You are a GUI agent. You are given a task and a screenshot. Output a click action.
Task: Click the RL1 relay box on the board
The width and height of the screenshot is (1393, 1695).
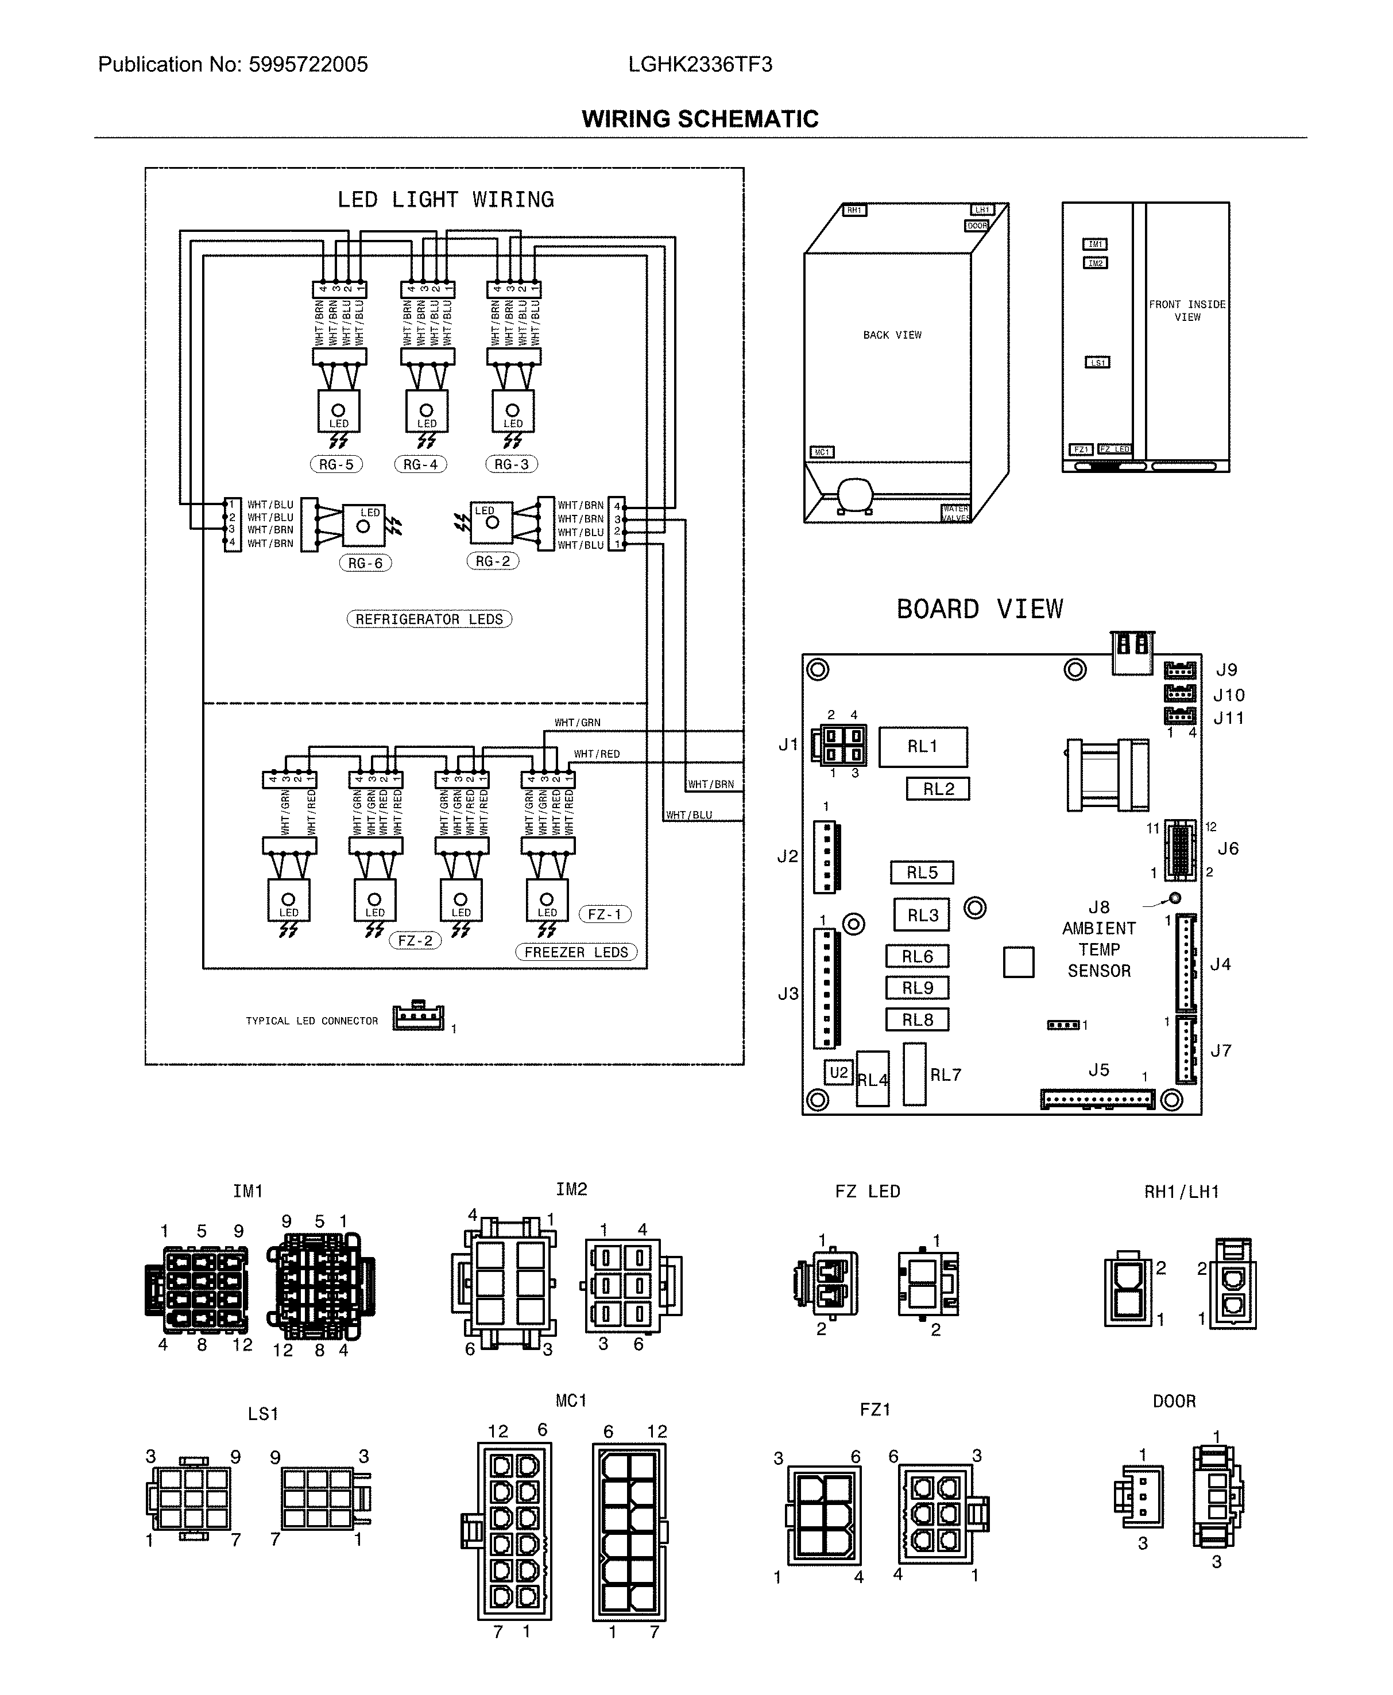tap(923, 747)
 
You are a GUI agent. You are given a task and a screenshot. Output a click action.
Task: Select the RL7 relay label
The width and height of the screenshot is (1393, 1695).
tap(945, 1075)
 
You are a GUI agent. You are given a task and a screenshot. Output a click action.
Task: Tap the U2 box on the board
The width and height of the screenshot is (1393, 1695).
tap(838, 1073)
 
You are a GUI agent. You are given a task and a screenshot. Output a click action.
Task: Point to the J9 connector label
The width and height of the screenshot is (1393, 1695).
tap(1226, 670)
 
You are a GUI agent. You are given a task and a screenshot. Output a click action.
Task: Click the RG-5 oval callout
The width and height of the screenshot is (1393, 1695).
tap(336, 464)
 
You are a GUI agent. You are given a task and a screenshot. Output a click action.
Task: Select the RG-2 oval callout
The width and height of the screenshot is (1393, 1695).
tap(493, 561)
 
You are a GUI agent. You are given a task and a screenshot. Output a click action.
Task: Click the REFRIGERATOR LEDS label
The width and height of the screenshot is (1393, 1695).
tap(429, 619)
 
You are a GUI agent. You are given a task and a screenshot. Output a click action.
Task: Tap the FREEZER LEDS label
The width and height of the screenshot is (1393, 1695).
tap(576, 952)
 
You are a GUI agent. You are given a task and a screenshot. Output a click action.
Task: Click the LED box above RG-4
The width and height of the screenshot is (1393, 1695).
tap(426, 412)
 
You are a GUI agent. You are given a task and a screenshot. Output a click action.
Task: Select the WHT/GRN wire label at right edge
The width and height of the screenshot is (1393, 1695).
tap(577, 723)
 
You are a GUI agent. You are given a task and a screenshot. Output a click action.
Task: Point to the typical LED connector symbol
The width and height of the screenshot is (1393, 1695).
tap(418, 1017)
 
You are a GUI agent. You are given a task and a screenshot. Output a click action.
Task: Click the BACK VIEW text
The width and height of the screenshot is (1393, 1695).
tap(892, 335)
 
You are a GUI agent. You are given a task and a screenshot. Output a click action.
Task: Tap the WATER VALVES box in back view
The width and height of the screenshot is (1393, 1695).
tap(955, 513)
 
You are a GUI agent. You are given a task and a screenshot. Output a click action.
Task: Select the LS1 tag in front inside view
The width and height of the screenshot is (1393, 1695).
tap(1097, 363)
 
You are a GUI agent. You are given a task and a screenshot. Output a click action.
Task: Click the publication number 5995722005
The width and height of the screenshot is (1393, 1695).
tap(308, 65)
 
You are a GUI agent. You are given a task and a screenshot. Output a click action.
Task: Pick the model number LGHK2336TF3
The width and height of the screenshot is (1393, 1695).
tap(700, 65)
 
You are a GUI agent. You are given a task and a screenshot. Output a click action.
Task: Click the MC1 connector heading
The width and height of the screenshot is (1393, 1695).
tap(571, 1401)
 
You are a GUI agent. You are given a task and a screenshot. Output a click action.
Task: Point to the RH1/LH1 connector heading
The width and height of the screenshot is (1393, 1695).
tap(1181, 1192)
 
